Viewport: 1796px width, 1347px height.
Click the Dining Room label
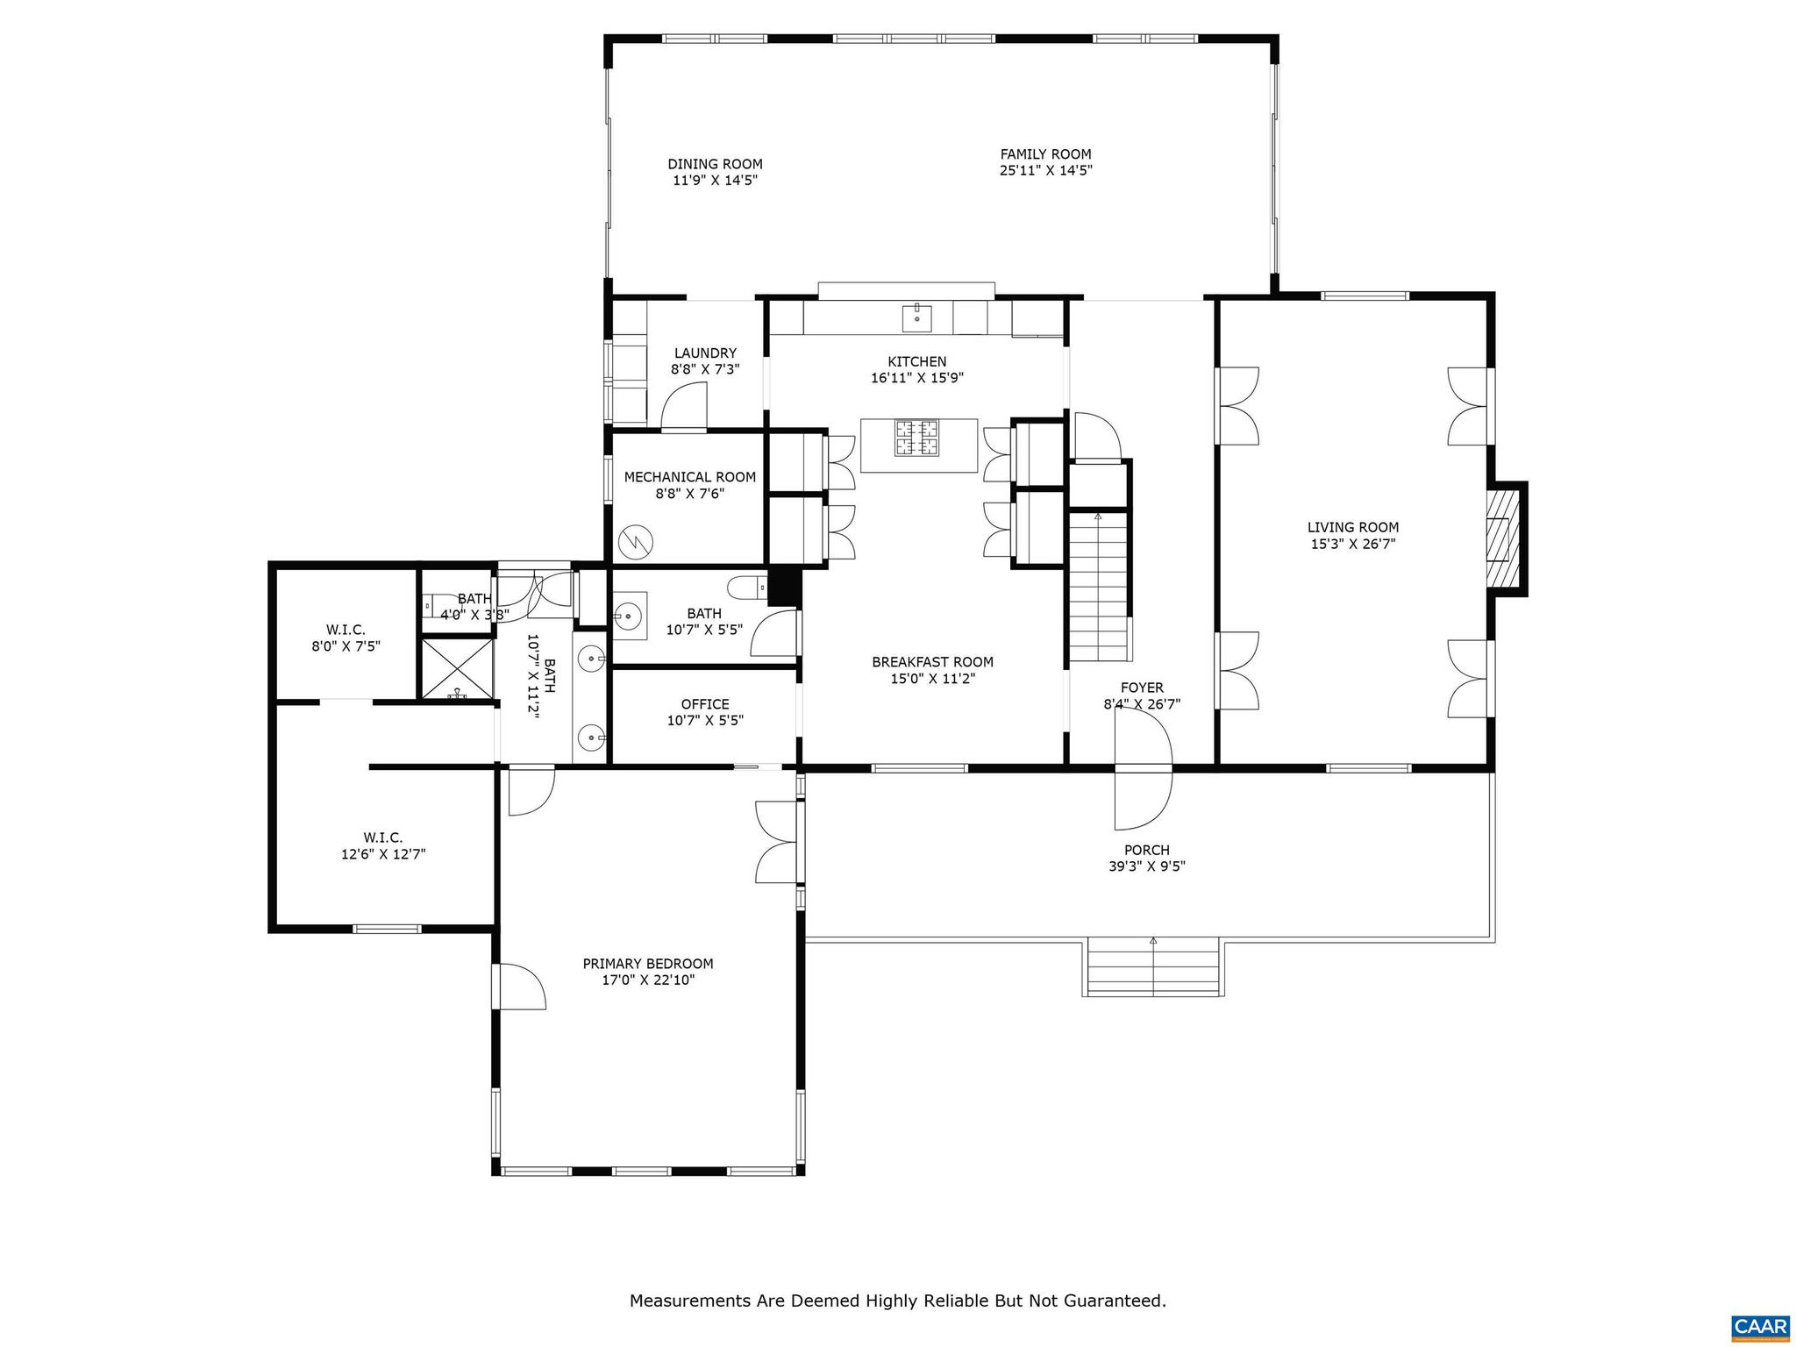715,164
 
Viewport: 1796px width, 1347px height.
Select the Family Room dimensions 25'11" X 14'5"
1045,171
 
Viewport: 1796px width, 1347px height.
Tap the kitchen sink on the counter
917,316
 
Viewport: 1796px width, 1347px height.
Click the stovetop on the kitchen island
916,438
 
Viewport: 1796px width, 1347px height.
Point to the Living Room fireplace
1502,538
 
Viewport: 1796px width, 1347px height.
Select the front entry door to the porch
1143,769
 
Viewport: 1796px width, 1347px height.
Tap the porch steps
1153,967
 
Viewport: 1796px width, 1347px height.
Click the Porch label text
1146,850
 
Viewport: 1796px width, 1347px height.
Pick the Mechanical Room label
689,477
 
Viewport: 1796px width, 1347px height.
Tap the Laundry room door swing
683,410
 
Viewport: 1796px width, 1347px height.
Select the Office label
705,704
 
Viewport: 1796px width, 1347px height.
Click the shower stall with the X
457,669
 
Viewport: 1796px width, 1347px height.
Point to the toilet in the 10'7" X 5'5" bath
745,586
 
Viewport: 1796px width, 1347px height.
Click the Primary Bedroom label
648,964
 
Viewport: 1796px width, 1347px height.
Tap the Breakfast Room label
932,662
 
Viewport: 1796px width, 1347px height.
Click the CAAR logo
1760,1324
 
